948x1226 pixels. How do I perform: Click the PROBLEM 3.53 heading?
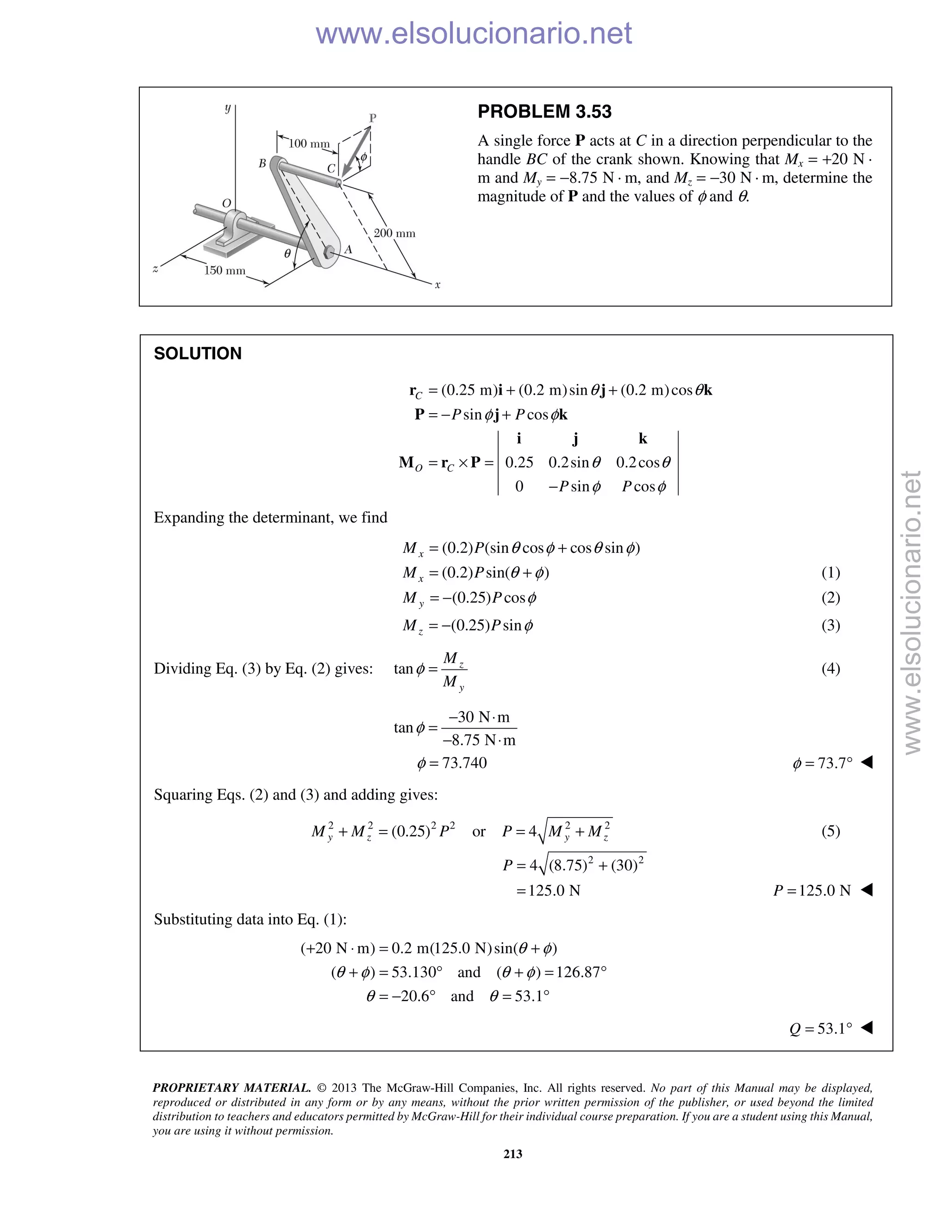(544, 111)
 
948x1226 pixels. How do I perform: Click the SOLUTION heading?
(198, 353)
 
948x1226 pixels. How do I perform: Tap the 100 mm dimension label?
(308, 144)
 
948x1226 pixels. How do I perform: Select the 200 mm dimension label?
(394, 233)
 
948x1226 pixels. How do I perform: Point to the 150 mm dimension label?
(225, 271)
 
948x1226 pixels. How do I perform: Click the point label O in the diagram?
(226, 203)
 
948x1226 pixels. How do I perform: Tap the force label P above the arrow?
(372, 118)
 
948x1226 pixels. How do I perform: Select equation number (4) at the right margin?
(830, 669)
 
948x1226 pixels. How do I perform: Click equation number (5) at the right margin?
(830, 831)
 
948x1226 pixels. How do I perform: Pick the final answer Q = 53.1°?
(821, 1028)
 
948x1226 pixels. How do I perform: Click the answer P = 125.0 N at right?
(812, 890)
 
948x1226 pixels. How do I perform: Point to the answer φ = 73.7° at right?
(822, 763)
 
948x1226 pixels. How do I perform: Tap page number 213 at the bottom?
(513, 1153)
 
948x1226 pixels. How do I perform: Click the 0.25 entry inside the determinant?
(518, 463)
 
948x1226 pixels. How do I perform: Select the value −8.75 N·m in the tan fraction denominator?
(479, 740)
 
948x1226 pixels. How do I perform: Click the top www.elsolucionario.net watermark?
(474, 34)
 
